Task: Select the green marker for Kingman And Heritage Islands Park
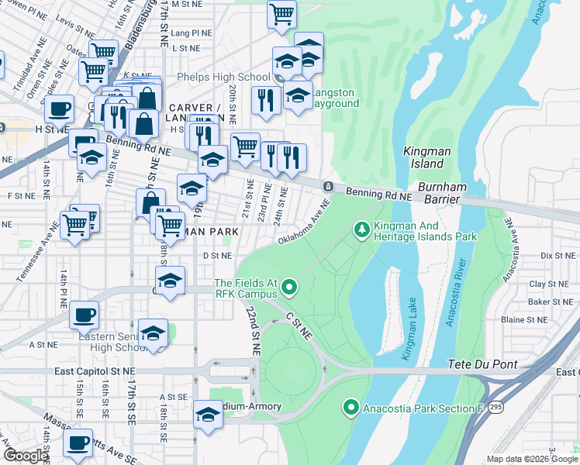tap(361, 229)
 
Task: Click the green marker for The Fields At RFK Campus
tap(290, 288)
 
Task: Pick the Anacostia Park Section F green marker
tap(350, 408)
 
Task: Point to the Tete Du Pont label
tap(479, 364)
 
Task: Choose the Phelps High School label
tap(223, 77)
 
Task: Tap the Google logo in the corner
tap(25, 456)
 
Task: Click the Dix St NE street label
tap(556, 254)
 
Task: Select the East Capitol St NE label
tap(86, 372)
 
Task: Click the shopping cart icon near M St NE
tap(281, 13)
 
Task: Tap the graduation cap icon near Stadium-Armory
tap(208, 414)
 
